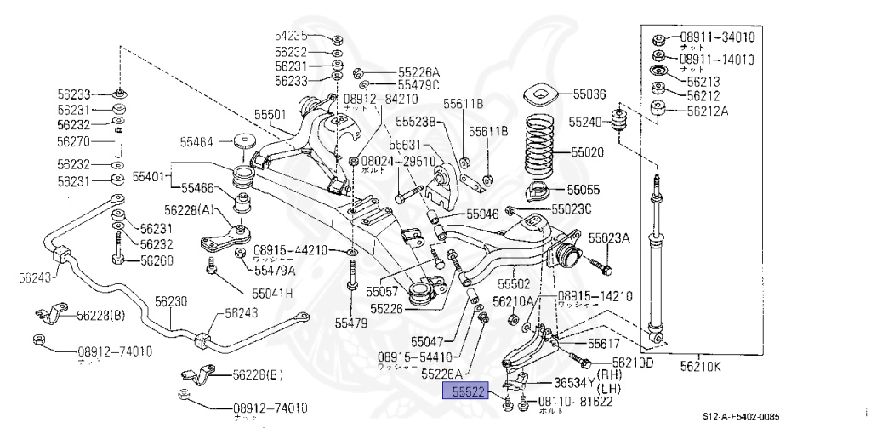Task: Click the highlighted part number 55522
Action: click(468, 391)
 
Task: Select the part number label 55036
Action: click(589, 94)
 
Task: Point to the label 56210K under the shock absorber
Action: click(700, 367)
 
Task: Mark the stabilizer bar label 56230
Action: click(171, 301)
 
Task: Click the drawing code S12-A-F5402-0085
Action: click(740, 416)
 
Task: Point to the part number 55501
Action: click(270, 113)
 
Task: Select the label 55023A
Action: click(609, 238)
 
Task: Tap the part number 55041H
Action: click(271, 293)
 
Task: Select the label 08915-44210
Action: click(290, 250)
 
